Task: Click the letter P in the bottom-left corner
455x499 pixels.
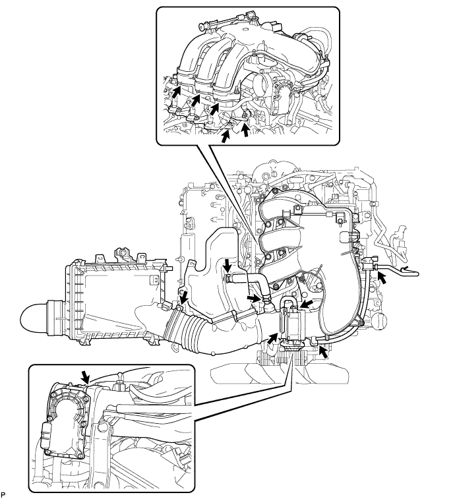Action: (4, 492)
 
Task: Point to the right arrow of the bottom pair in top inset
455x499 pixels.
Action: (245, 131)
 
